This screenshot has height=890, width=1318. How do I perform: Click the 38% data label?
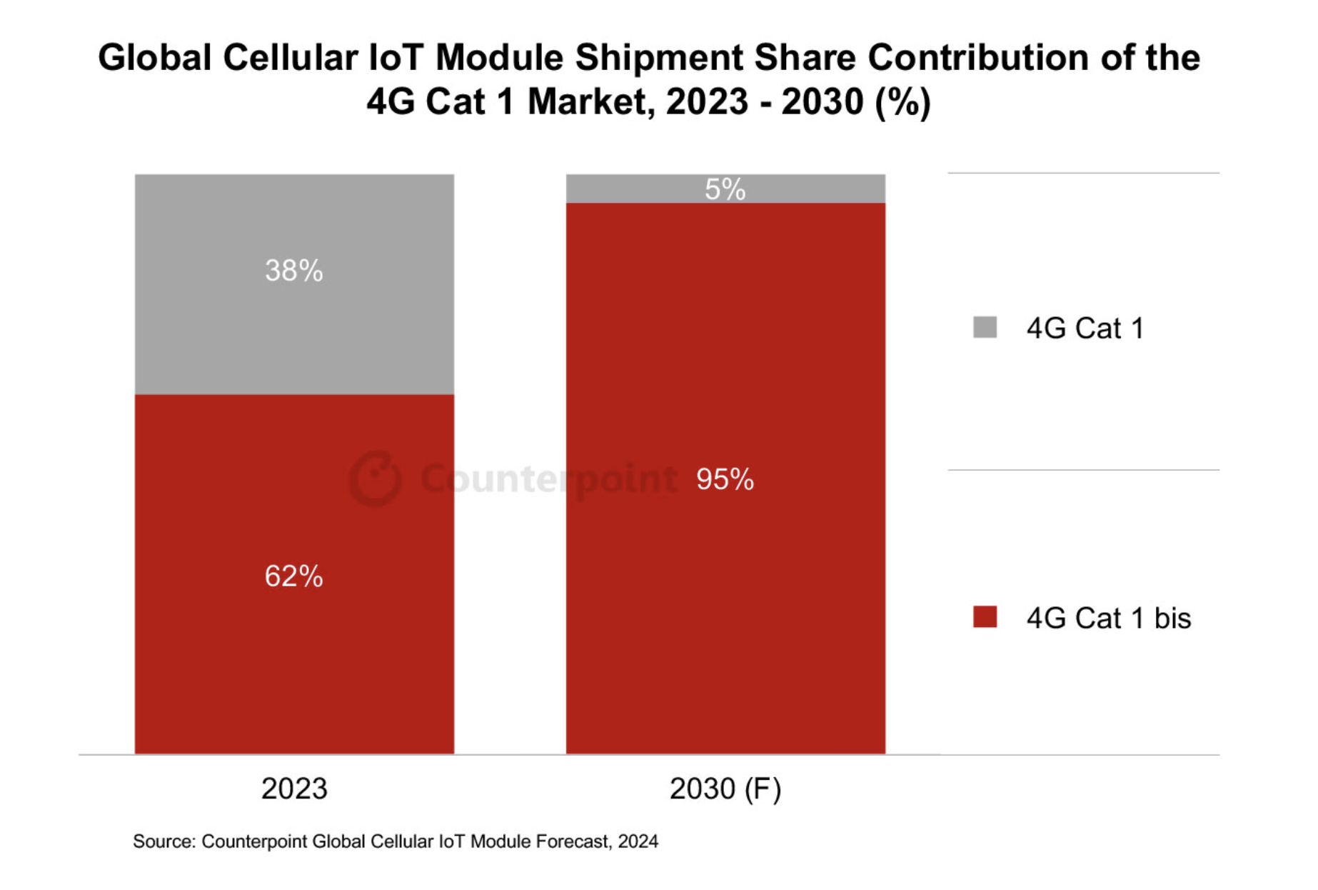click(x=293, y=271)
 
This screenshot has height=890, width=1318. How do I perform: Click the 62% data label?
click(x=293, y=576)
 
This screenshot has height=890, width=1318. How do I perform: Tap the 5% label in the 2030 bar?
click(x=725, y=189)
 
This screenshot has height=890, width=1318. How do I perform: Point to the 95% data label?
click(x=725, y=479)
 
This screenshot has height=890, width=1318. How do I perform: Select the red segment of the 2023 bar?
click(x=293, y=657)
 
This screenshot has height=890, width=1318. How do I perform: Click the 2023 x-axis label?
click(x=293, y=789)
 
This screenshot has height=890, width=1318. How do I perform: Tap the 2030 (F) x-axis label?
click(x=725, y=789)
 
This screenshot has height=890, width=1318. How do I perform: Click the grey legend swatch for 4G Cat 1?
click(x=985, y=327)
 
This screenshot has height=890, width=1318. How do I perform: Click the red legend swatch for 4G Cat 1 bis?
click(x=985, y=616)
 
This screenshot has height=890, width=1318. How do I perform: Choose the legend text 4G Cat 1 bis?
click(x=1108, y=618)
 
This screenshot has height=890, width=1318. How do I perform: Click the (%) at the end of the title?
click(x=902, y=101)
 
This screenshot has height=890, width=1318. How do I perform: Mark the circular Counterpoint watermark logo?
click(x=375, y=479)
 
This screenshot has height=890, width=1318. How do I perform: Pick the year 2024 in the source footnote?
click(x=638, y=841)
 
